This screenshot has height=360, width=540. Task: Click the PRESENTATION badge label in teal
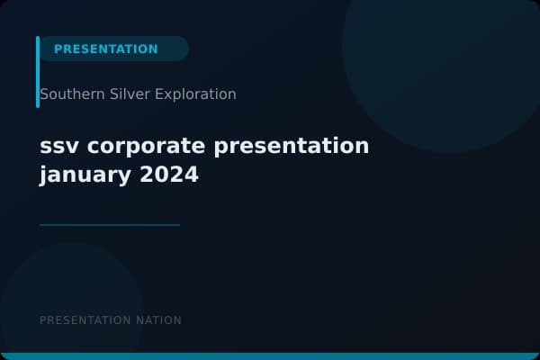[x=105, y=49]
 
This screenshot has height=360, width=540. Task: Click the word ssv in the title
[x=56, y=146]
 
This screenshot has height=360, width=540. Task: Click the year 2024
[x=169, y=174]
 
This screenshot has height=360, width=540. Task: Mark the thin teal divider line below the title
[x=110, y=225]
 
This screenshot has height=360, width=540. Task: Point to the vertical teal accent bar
[x=38, y=72]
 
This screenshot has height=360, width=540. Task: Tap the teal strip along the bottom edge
[x=270, y=356]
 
